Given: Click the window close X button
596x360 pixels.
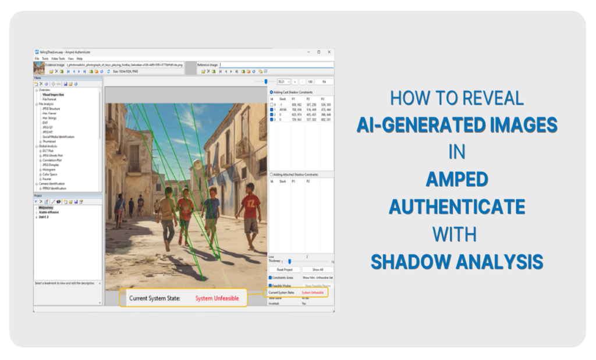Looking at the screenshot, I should coord(329,52).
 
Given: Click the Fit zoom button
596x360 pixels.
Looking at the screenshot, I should coord(324,82).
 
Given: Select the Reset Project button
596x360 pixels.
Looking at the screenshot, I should coord(288,270).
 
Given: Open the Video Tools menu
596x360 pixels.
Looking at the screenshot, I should coord(58,59).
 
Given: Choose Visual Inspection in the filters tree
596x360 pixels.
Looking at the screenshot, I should coord(53,94).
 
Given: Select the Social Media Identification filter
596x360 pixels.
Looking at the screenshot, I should coord(58,137).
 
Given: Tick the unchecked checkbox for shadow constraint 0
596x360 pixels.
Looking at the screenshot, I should coord(271,104).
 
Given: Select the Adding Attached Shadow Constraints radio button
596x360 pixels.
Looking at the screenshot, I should coord(271,174).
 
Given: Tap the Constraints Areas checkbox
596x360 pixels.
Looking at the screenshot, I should coord(271,277).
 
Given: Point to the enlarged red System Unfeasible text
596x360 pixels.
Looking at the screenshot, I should coord(217,298).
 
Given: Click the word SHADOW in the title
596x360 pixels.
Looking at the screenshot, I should coord(410,261).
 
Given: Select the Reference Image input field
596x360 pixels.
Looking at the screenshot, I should coord(276,65).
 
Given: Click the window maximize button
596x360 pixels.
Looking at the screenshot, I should coord(318,52).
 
